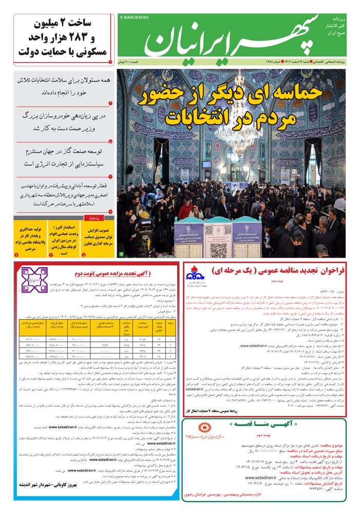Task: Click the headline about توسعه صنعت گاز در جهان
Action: pos(61,157)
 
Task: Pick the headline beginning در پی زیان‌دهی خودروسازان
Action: pos(61,121)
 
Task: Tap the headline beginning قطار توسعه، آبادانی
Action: pos(61,194)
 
